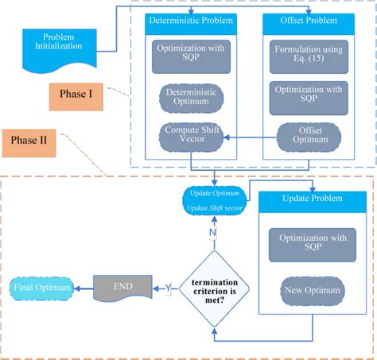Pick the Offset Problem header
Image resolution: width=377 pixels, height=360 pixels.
coord(308,21)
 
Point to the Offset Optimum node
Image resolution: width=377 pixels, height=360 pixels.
coord(308,136)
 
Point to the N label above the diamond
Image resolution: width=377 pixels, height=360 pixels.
coord(212,232)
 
